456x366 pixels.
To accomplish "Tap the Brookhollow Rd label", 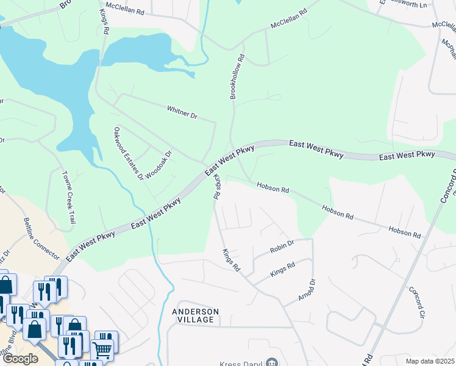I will click(x=237, y=77).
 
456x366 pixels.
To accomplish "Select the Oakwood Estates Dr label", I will click(x=128, y=153).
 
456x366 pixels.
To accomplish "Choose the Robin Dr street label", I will click(x=282, y=246).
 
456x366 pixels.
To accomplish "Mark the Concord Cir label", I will click(x=416, y=303).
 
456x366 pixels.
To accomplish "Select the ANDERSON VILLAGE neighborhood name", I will click(x=195, y=315).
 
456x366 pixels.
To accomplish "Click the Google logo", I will click(x=20, y=359).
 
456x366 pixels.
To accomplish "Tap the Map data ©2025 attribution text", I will click(x=430, y=361).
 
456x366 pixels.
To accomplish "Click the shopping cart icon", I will click(x=102, y=350).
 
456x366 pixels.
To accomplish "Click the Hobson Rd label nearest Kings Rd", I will click(x=273, y=187).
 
